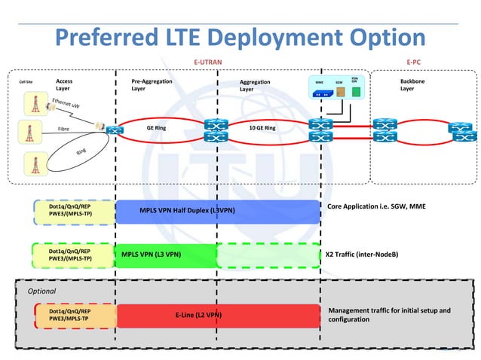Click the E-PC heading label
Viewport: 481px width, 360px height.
pyautogui.click(x=413, y=62)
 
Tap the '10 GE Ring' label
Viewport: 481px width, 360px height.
pyautogui.click(x=262, y=128)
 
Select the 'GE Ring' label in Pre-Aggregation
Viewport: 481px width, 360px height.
pyautogui.click(x=156, y=128)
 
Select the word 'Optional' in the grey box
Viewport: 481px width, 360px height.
pyautogui.click(x=42, y=290)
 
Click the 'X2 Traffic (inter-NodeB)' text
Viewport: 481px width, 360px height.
pyautogui.click(x=361, y=255)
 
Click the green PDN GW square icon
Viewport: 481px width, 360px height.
pyautogui.click(x=356, y=92)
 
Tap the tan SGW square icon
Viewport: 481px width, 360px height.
pyautogui.click(x=341, y=92)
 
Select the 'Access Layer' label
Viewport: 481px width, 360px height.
pyautogui.click(x=64, y=84)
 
